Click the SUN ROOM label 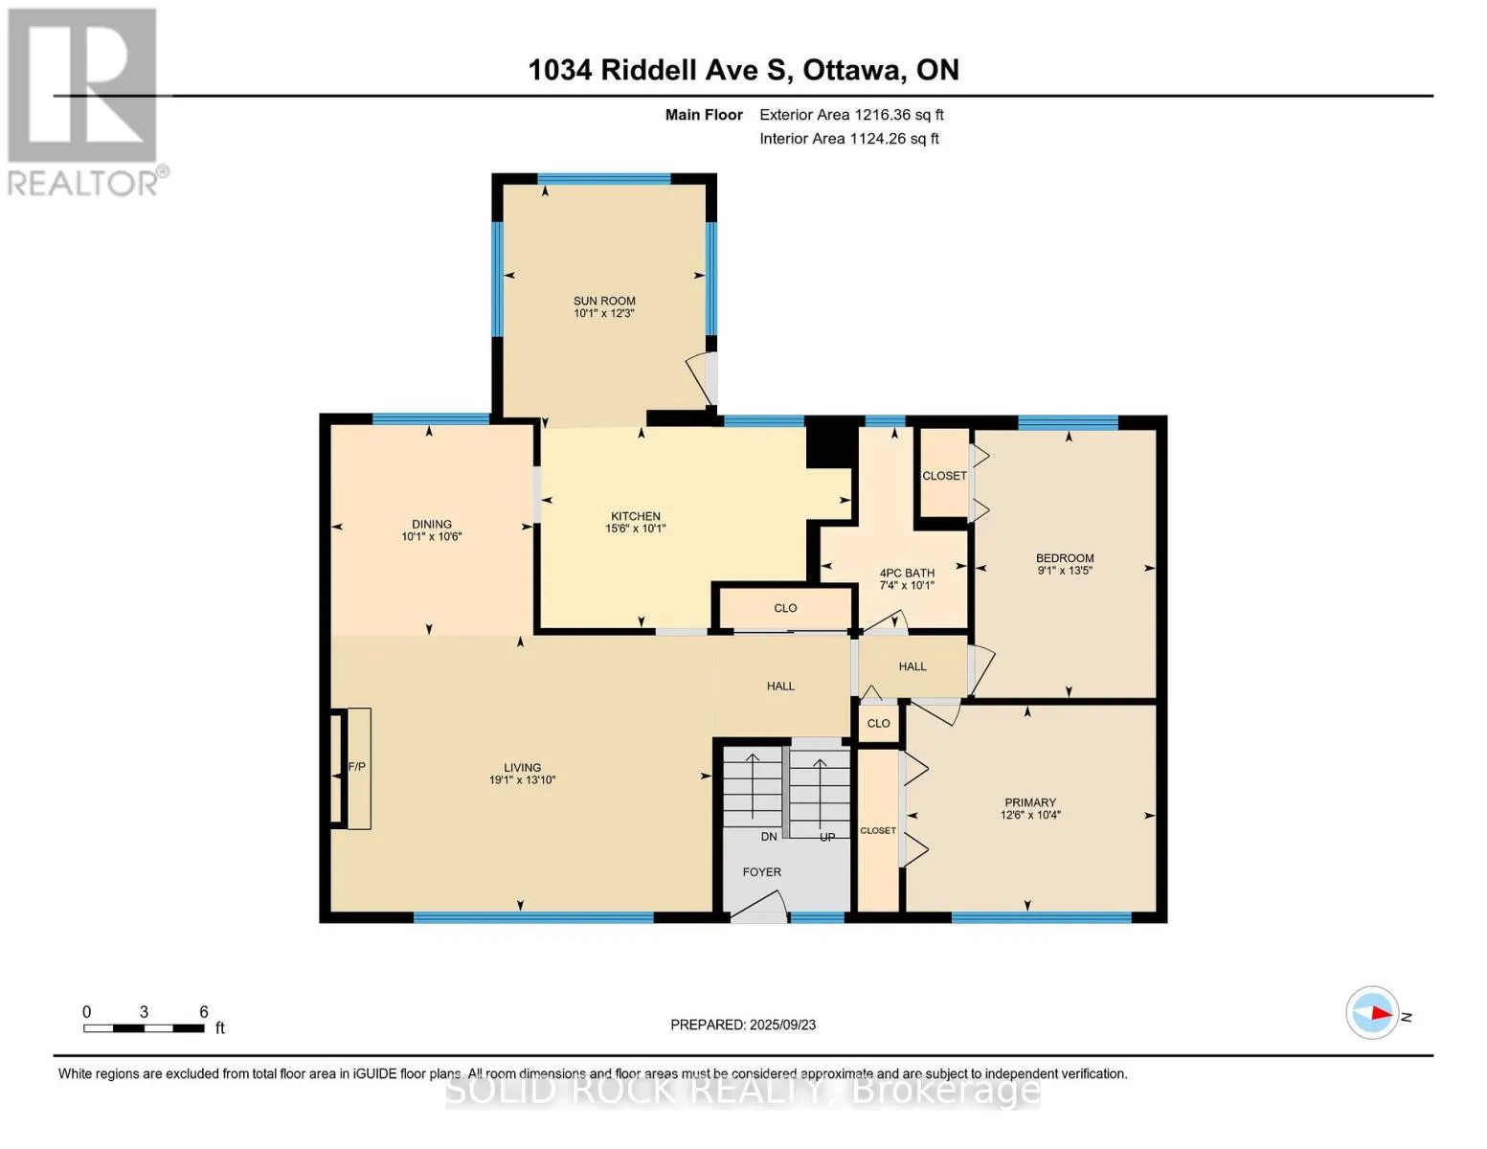tap(604, 301)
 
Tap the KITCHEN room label tap(636, 516)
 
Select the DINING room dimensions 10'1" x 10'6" tap(432, 536)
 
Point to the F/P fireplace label tap(356, 766)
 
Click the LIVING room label tap(522, 768)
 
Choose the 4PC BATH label tap(907, 573)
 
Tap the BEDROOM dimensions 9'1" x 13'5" tap(1065, 570)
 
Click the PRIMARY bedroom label tap(1030, 802)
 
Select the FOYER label tap(761, 872)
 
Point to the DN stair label tap(769, 836)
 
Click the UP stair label tap(827, 837)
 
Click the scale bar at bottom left tap(144, 1027)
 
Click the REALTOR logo tap(85, 102)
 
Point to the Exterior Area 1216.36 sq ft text tap(851, 115)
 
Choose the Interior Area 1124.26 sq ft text tap(848, 138)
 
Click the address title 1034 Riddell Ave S tap(661, 70)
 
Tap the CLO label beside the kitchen tap(785, 608)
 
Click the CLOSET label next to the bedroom tap(944, 476)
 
